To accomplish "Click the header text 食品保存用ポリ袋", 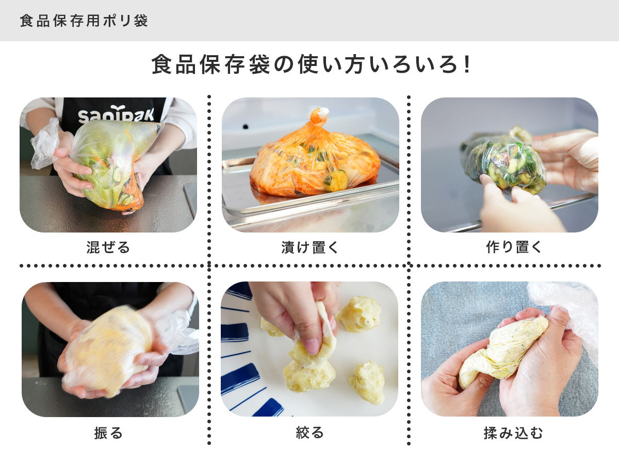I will pos(84,21).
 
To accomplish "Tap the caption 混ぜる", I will pos(108,247).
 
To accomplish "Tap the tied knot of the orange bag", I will pos(319,116).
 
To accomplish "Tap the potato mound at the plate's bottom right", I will pos(367,382).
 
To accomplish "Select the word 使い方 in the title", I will pos(338,65).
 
